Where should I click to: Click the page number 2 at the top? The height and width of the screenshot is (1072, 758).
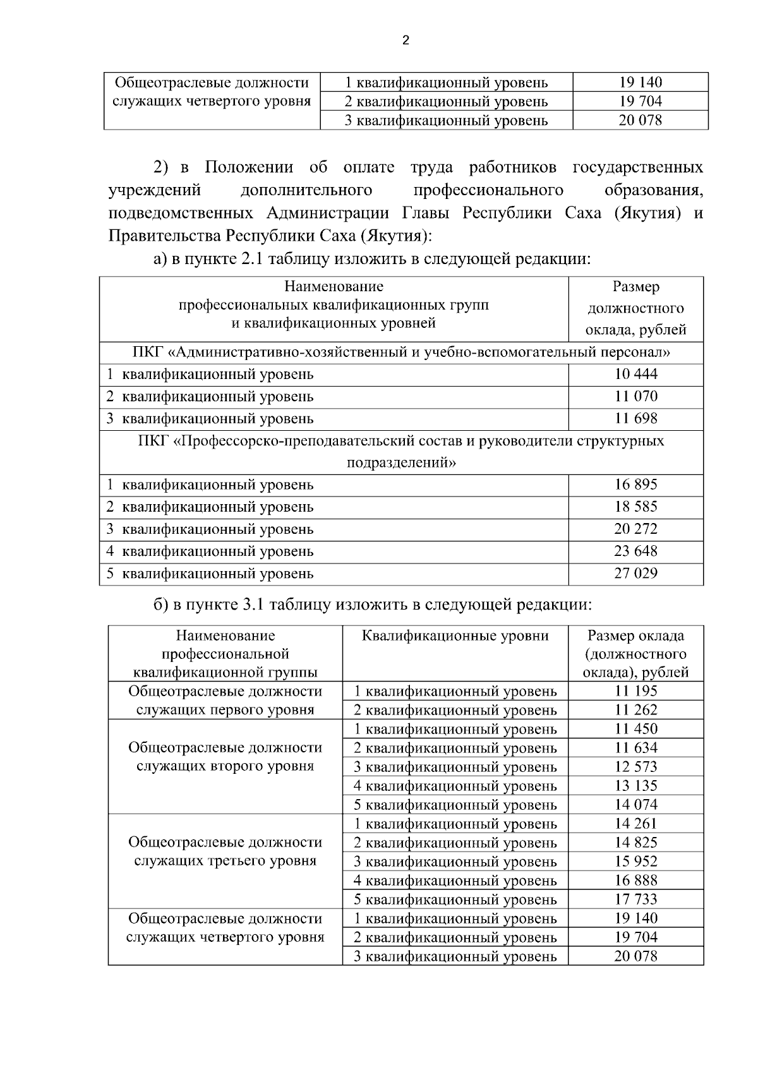coord(406,41)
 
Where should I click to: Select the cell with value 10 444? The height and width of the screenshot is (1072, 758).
coord(635,374)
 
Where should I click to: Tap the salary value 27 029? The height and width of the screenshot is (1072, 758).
coord(635,574)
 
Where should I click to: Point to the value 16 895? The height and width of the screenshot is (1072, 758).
coord(635,485)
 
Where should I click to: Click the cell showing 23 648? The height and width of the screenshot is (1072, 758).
coord(635,551)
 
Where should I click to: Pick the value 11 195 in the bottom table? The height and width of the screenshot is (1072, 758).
coord(635,691)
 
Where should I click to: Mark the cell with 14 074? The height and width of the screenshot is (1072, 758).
coord(635,805)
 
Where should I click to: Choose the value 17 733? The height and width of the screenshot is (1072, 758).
coord(635,900)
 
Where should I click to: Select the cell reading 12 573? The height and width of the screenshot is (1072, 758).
coord(635,767)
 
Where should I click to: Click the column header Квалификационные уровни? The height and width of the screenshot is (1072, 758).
coord(455,635)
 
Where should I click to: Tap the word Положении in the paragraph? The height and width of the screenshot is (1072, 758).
coord(249,167)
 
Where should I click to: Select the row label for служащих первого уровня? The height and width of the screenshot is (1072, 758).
coord(225,709)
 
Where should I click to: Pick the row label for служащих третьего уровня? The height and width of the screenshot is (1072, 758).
coord(225,861)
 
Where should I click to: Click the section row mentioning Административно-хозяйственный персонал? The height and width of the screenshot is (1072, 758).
coord(402,352)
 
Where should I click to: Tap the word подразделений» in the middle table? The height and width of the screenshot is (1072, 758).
coord(402,463)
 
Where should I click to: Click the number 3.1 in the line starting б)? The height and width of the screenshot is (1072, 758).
coord(253,605)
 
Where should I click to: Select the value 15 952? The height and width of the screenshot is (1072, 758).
coord(635,862)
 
